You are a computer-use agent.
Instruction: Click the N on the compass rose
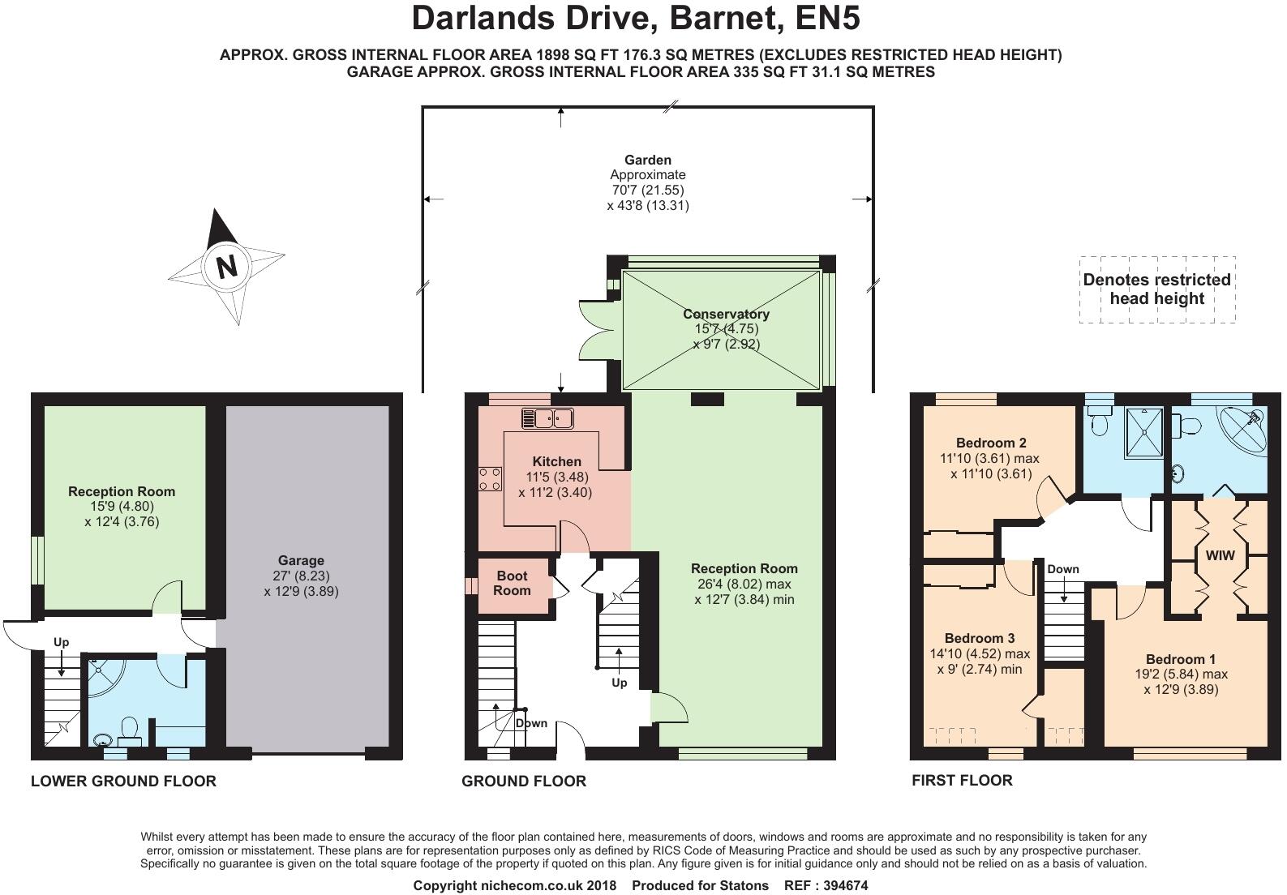pyautogui.click(x=226, y=266)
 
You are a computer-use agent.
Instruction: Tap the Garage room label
pyautogui.click(x=301, y=560)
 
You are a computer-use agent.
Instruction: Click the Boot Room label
pyautogui.click(x=512, y=583)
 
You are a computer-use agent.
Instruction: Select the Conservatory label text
pyautogui.click(x=726, y=314)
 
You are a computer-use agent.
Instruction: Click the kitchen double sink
pyautogui.click(x=547, y=418)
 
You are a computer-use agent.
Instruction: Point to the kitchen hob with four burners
pyautogui.click(x=490, y=478)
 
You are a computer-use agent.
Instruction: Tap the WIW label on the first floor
pyautogui.click(x=1220, y=555)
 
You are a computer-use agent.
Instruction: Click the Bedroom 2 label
pyautogui.click(x=991, y=443)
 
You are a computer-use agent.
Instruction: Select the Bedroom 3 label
pyautogui.click(x=980, y=638)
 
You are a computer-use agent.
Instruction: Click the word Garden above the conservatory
pyautogui.click(x=647, y=160)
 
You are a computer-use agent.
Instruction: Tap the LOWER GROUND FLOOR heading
pyautogui.click(x=123, y=782)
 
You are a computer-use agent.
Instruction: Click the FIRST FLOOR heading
pyautogui.click(x=962, y=781)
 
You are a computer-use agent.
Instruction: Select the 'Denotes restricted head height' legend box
pyautogui.click(x=1156, y=289)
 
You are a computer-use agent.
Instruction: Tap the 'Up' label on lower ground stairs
pyautogui.click(x=62, y=642)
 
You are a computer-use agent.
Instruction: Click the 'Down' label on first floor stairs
pyautogui.click(x=1062, y=569)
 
